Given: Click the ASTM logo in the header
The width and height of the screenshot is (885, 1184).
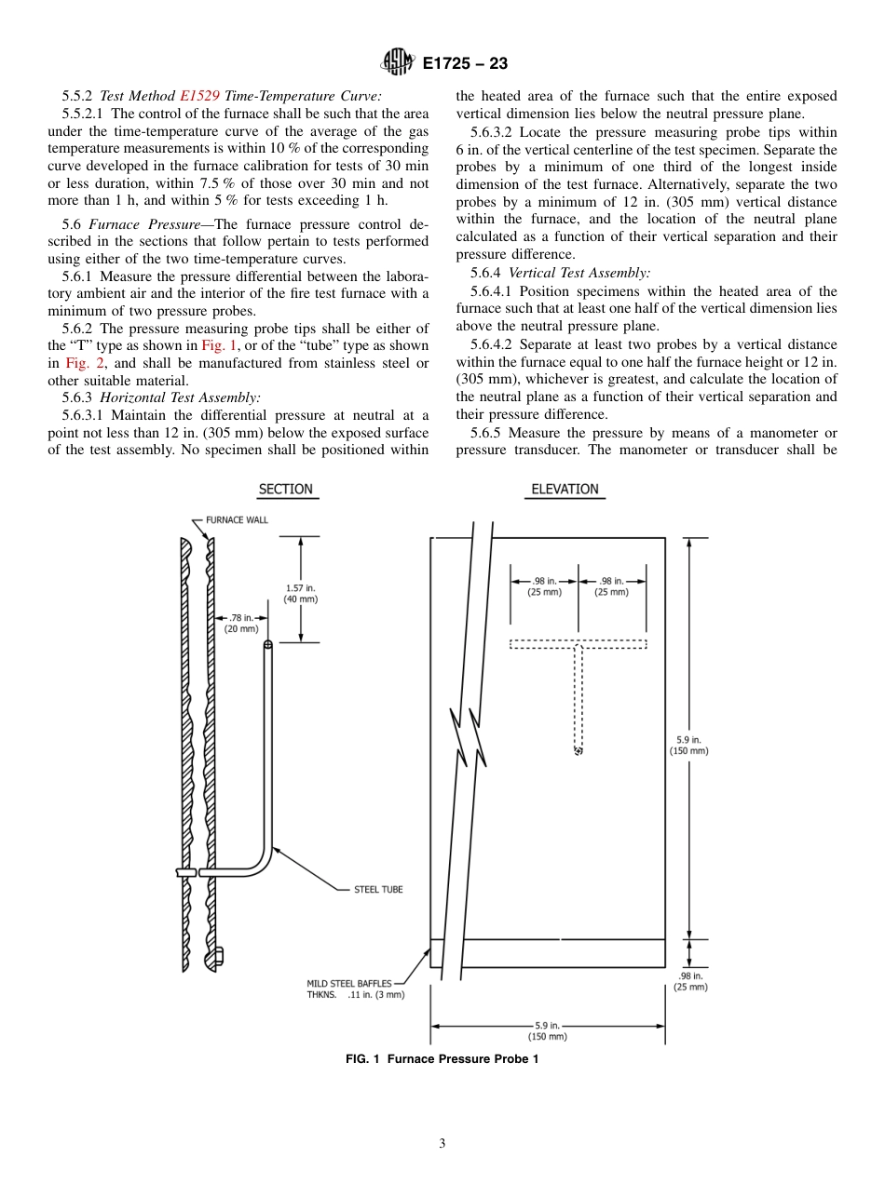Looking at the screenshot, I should click(x=397, y=63).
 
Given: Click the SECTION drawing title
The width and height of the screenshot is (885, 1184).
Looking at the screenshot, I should click(x=285, y=490).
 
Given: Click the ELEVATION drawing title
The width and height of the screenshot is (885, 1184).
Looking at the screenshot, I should click(x=565, y=490).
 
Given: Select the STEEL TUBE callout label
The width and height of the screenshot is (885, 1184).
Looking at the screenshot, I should click(x=378, y=890).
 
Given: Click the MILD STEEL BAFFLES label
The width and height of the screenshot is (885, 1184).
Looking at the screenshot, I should click(x=349, y=983).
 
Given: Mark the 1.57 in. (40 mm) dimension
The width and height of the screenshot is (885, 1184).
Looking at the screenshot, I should click(x=300, y=594).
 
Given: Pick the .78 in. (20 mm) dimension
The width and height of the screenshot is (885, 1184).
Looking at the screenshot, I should click(x=242, y=623).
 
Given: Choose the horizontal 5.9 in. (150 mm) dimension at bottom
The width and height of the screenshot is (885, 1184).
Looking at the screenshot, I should click(x=547, y=1030).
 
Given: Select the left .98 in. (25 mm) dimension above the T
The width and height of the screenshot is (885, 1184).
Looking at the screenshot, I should click(x=545, y=586).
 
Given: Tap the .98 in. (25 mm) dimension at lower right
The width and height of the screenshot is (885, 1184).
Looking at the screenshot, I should click(x=690, y=981).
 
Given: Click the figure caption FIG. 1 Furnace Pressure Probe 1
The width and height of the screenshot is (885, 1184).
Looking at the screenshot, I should click(x=442, y=1059).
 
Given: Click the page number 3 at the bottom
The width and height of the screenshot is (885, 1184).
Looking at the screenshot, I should click(x=442, y=1144).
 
